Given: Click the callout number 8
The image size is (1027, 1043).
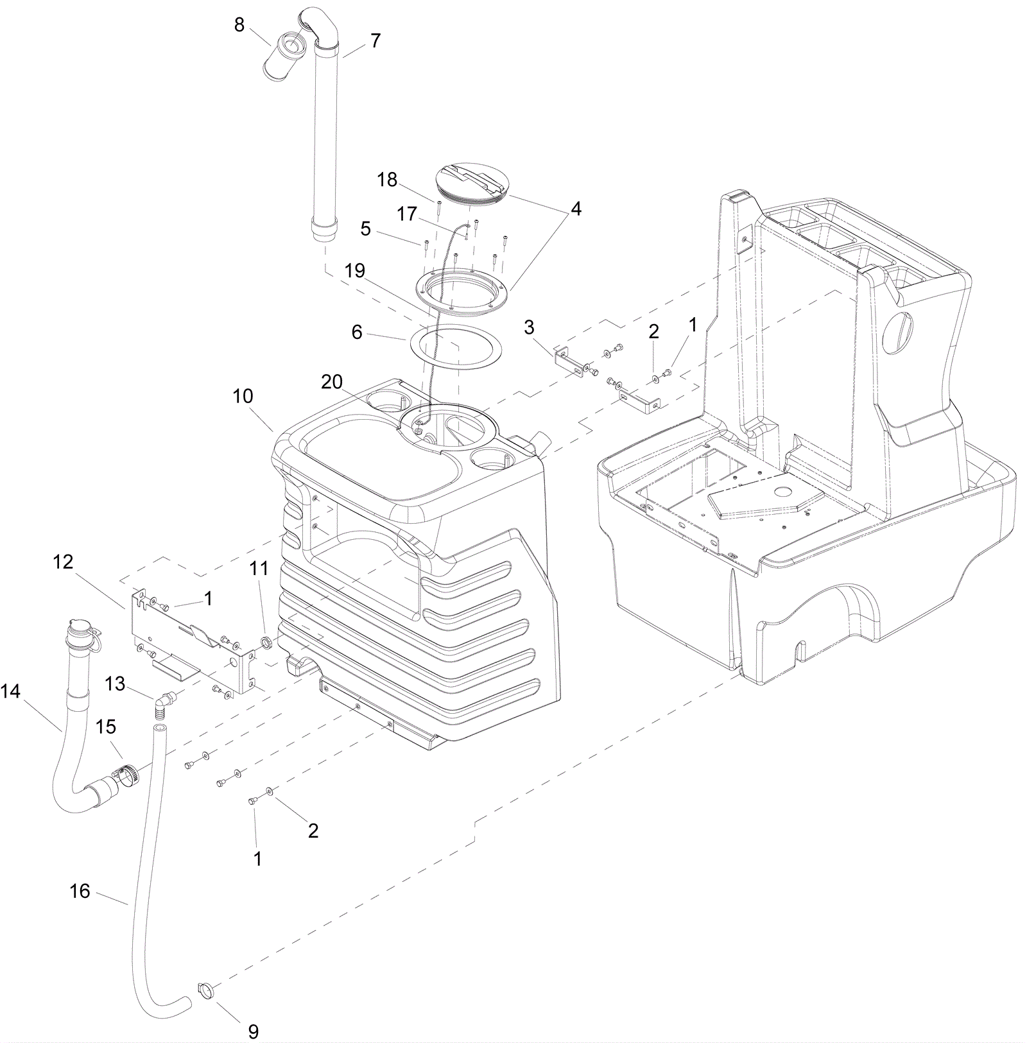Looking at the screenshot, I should [239, 25].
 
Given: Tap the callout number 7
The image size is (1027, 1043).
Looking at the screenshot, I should [375, 40].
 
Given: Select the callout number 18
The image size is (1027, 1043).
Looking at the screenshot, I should [387, 180].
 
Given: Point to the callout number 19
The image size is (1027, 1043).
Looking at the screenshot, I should [354, 270].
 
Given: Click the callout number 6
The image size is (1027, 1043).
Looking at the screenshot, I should [357, 332].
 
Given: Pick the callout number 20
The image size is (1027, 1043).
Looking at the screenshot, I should [332, 382].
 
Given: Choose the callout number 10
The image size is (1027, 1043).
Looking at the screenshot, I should [243, 396].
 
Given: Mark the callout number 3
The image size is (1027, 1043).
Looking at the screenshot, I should [529, 327].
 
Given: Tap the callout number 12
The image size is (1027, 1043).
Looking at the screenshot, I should [63, 562].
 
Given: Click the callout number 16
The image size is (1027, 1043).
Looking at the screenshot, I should [80, 891].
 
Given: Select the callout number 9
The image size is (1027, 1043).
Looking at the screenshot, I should [253, 1031].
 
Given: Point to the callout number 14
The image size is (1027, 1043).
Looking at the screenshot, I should [10, 691].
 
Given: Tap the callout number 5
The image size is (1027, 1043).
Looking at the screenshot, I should [365, 228].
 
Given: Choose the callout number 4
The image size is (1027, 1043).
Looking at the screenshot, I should [576, 209].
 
